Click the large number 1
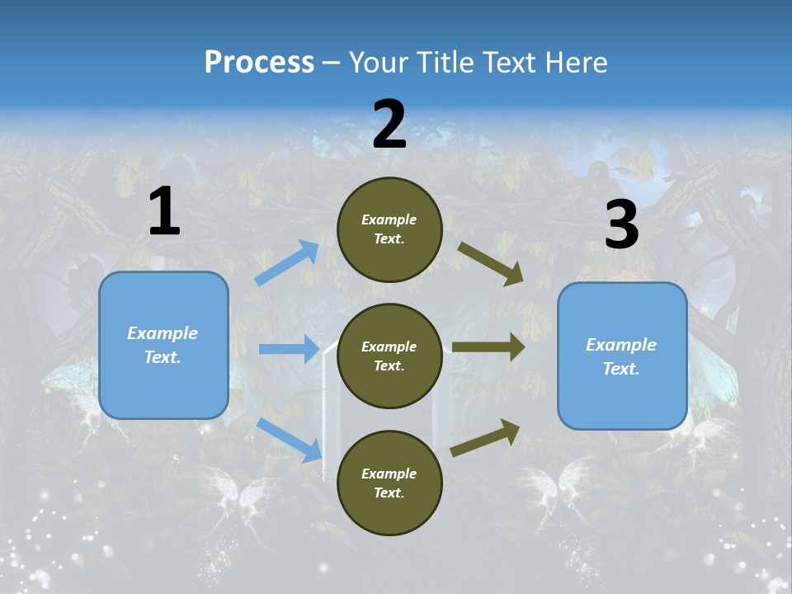[164, 212]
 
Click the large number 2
[389, 125]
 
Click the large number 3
[621, 225]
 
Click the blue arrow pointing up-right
[287, 263]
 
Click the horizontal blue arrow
[289, 349]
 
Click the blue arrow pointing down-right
[290, 440]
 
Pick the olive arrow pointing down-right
[491, 264]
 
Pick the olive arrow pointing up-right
[485, 437]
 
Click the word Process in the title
[259, 62]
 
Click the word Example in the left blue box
[163, 333]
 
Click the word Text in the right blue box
[620, 369]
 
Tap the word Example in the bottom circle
[389, 474]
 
